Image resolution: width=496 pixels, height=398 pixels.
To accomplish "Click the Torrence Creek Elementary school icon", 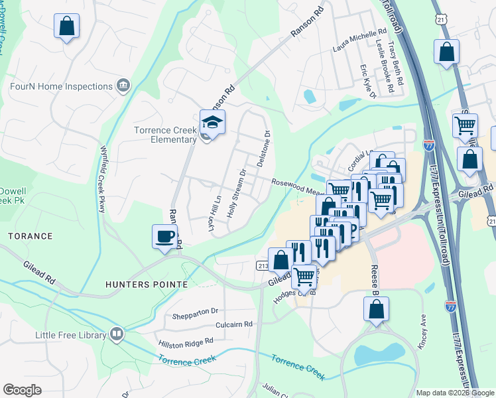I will pos(213,123).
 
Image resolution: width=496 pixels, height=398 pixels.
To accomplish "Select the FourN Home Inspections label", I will pos(61,86).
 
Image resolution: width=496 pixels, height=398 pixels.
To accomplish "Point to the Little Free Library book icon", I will pos(117,333).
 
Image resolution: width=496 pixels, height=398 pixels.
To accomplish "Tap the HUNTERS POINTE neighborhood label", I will pos(146,284).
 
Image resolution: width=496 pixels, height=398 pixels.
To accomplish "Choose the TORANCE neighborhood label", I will pos(30,236).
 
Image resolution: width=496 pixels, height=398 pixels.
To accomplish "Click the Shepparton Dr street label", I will pos(196,310).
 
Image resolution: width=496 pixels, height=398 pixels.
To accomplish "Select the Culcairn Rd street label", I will pos(234,324).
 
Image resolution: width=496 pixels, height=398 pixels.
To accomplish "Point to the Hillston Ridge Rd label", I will pos(186,342).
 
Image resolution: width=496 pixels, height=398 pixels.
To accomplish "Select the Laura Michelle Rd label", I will pos(359,41).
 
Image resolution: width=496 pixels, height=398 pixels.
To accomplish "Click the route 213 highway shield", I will pos(262,265).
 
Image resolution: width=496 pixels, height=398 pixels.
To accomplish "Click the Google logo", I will pos(23,389).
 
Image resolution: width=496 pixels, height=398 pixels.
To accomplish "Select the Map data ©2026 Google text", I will pos(454,393).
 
